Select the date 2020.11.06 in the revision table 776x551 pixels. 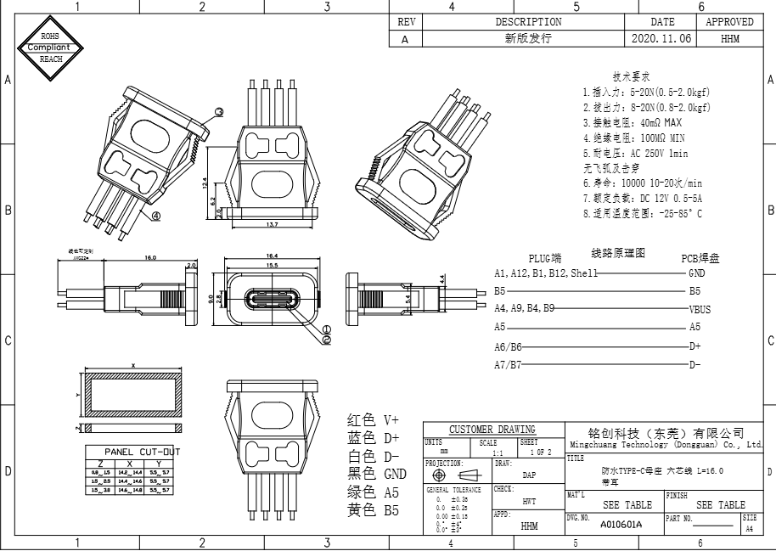(x=662, y=39)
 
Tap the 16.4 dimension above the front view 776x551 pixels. (x=273, y=256)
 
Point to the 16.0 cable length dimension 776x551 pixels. (x=151, y=257)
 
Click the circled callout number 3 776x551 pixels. (x=218, y=112)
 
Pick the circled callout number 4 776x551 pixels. (x=157, y=216)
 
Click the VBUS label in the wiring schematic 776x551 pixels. (x=700, y=310)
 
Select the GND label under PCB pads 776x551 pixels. (x=697, y=273)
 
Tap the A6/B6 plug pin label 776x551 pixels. (x=508, y=346)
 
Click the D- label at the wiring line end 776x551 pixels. (x=695, y=365)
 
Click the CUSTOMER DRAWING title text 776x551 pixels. (x=492, y=430)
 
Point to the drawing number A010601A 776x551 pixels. (x=621, y=524)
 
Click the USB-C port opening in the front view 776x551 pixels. (x=273, y=301)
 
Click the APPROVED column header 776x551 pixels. (x=729, y=22)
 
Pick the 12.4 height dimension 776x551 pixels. (x=205, y=183)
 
